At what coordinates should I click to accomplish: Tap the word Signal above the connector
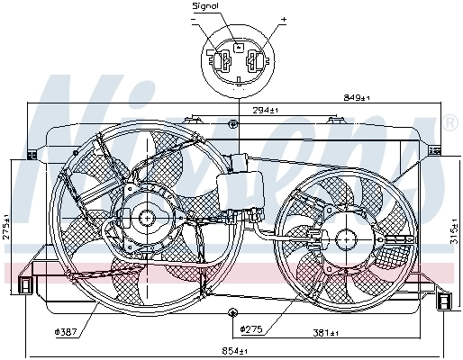coord(205,7)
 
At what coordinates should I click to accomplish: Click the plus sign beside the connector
coord(283,18)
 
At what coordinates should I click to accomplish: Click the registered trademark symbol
coord(450,121)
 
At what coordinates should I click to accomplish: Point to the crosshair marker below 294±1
coord(233,122)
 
